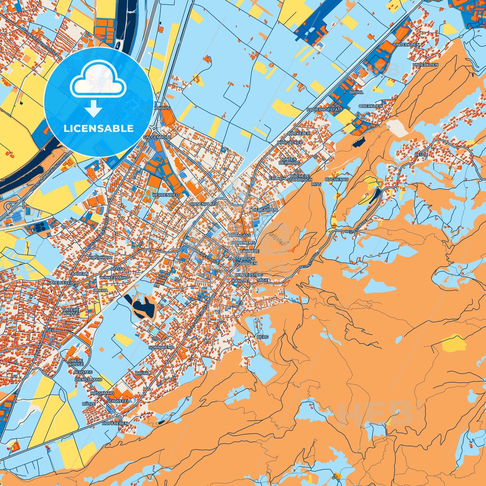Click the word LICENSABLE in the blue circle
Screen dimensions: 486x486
[x=99, y=128]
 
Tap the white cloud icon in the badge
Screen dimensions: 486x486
[x=98, y=82]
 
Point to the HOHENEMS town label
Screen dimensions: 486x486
[x=243, y=242]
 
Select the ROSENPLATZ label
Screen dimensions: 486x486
[x=204, y=204]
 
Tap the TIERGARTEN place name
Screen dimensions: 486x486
[x=264, y=210]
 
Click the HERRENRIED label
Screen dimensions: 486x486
[x=166, y=195]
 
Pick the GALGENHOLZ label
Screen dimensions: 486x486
[x=157, y=137]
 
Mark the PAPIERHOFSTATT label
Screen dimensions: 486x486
[x=324, y=110]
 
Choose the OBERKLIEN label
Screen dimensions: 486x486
[x=370, y=106]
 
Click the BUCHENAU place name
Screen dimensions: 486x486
[x=337, y=180]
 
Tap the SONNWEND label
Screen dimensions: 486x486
[x=161, y=347]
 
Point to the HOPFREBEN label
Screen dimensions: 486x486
[x=115, y=423]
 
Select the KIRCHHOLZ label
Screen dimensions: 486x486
[x=101, y=257]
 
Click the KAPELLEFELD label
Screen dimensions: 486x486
[x=62, y=283]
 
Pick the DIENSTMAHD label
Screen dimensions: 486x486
[x=88, y=379]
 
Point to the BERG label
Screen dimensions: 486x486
[x=262, y=337]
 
